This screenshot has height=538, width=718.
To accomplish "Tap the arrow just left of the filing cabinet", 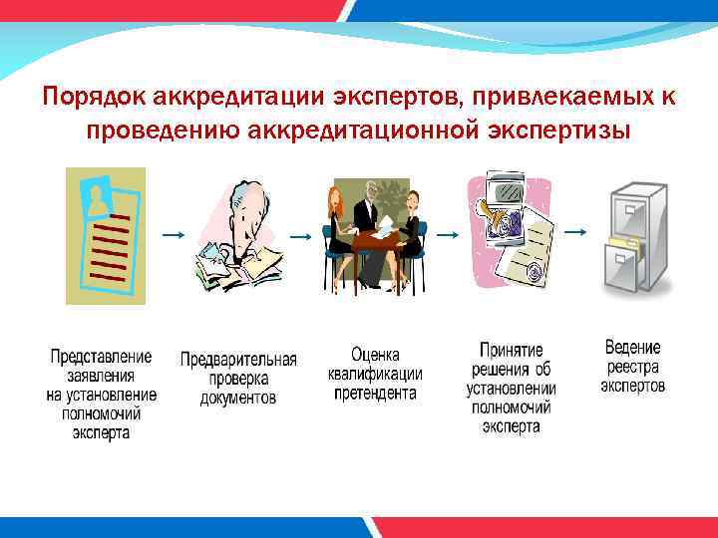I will (x=574, y=230).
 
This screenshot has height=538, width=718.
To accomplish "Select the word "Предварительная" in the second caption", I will (x=238, y=360).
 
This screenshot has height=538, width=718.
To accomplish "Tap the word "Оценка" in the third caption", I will (x=375, y=355).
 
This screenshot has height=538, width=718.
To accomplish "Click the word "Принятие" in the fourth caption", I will (x=511, y=351).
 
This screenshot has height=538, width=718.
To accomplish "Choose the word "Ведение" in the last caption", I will (x=632, y=348).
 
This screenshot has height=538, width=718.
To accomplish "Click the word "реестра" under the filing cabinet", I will (x=632, y=367).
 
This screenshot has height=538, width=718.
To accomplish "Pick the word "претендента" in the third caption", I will (x=375, y=394).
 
